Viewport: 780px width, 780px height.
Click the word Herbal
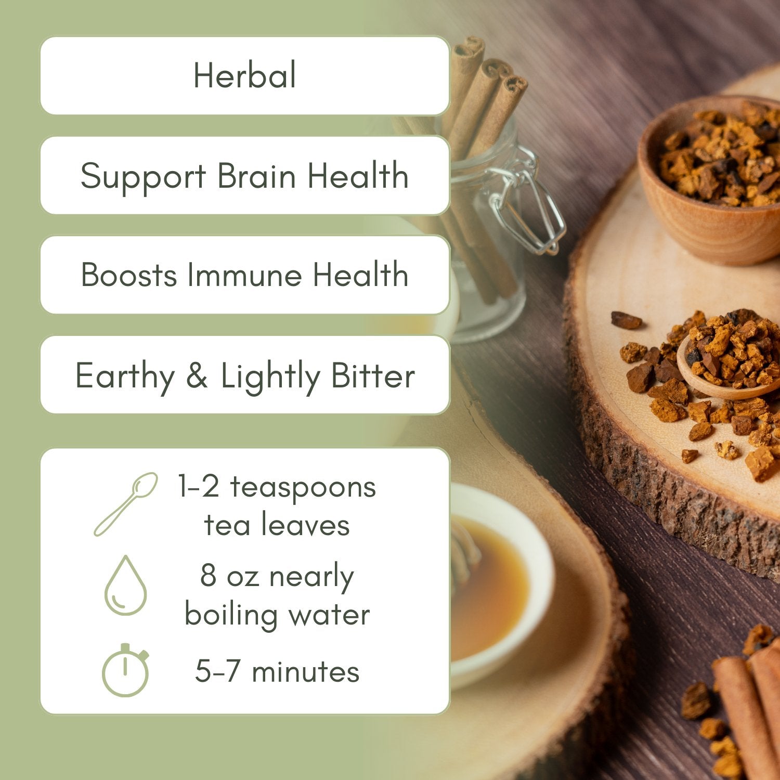tap(244, 75)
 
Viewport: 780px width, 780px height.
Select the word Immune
tap(244, 275)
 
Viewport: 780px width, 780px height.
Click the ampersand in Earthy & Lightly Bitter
tap(197, 375)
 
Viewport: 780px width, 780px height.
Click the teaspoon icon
tap(126, 504)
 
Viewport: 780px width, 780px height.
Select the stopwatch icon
tap(125, 670)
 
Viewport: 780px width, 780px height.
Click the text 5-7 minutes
tap(277, 671)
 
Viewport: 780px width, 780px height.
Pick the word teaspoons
tap(303, 487)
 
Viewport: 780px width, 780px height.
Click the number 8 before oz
tap(208, 576)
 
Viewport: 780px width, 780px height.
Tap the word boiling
tap(231, 615)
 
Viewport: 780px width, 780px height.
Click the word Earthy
tap(125, 376)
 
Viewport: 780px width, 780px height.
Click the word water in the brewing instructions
tap(329, 615)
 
